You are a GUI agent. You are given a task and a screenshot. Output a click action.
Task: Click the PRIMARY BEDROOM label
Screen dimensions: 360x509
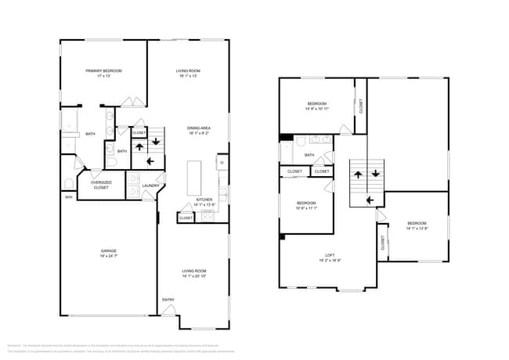(103, 70)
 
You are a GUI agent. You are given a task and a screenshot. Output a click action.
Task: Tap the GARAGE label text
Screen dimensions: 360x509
(108, 251)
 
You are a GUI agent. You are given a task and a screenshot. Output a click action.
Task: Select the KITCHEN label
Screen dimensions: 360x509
(204, 200)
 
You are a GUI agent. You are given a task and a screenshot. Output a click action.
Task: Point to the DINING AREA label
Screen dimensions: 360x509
(199, 128)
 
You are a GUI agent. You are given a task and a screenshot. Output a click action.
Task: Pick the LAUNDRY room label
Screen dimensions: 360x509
(150, 185)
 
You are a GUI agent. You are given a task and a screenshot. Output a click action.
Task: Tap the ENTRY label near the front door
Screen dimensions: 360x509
(168, 300)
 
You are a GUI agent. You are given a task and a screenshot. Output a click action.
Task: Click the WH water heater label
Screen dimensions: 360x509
(68, 197)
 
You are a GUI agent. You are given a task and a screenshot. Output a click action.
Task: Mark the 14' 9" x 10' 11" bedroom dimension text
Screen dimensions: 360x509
(316, 109)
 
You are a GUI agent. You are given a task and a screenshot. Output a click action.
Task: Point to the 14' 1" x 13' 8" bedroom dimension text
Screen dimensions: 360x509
(417, 229)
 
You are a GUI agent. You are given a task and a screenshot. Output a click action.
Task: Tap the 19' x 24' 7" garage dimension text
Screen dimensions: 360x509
(108, 256)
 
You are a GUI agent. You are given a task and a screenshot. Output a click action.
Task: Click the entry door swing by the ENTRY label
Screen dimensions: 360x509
(168, 310)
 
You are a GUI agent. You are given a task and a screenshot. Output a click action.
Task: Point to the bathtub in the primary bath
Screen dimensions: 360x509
(69, 122)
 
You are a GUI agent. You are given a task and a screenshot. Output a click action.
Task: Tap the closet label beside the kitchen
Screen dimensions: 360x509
(186, 218)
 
